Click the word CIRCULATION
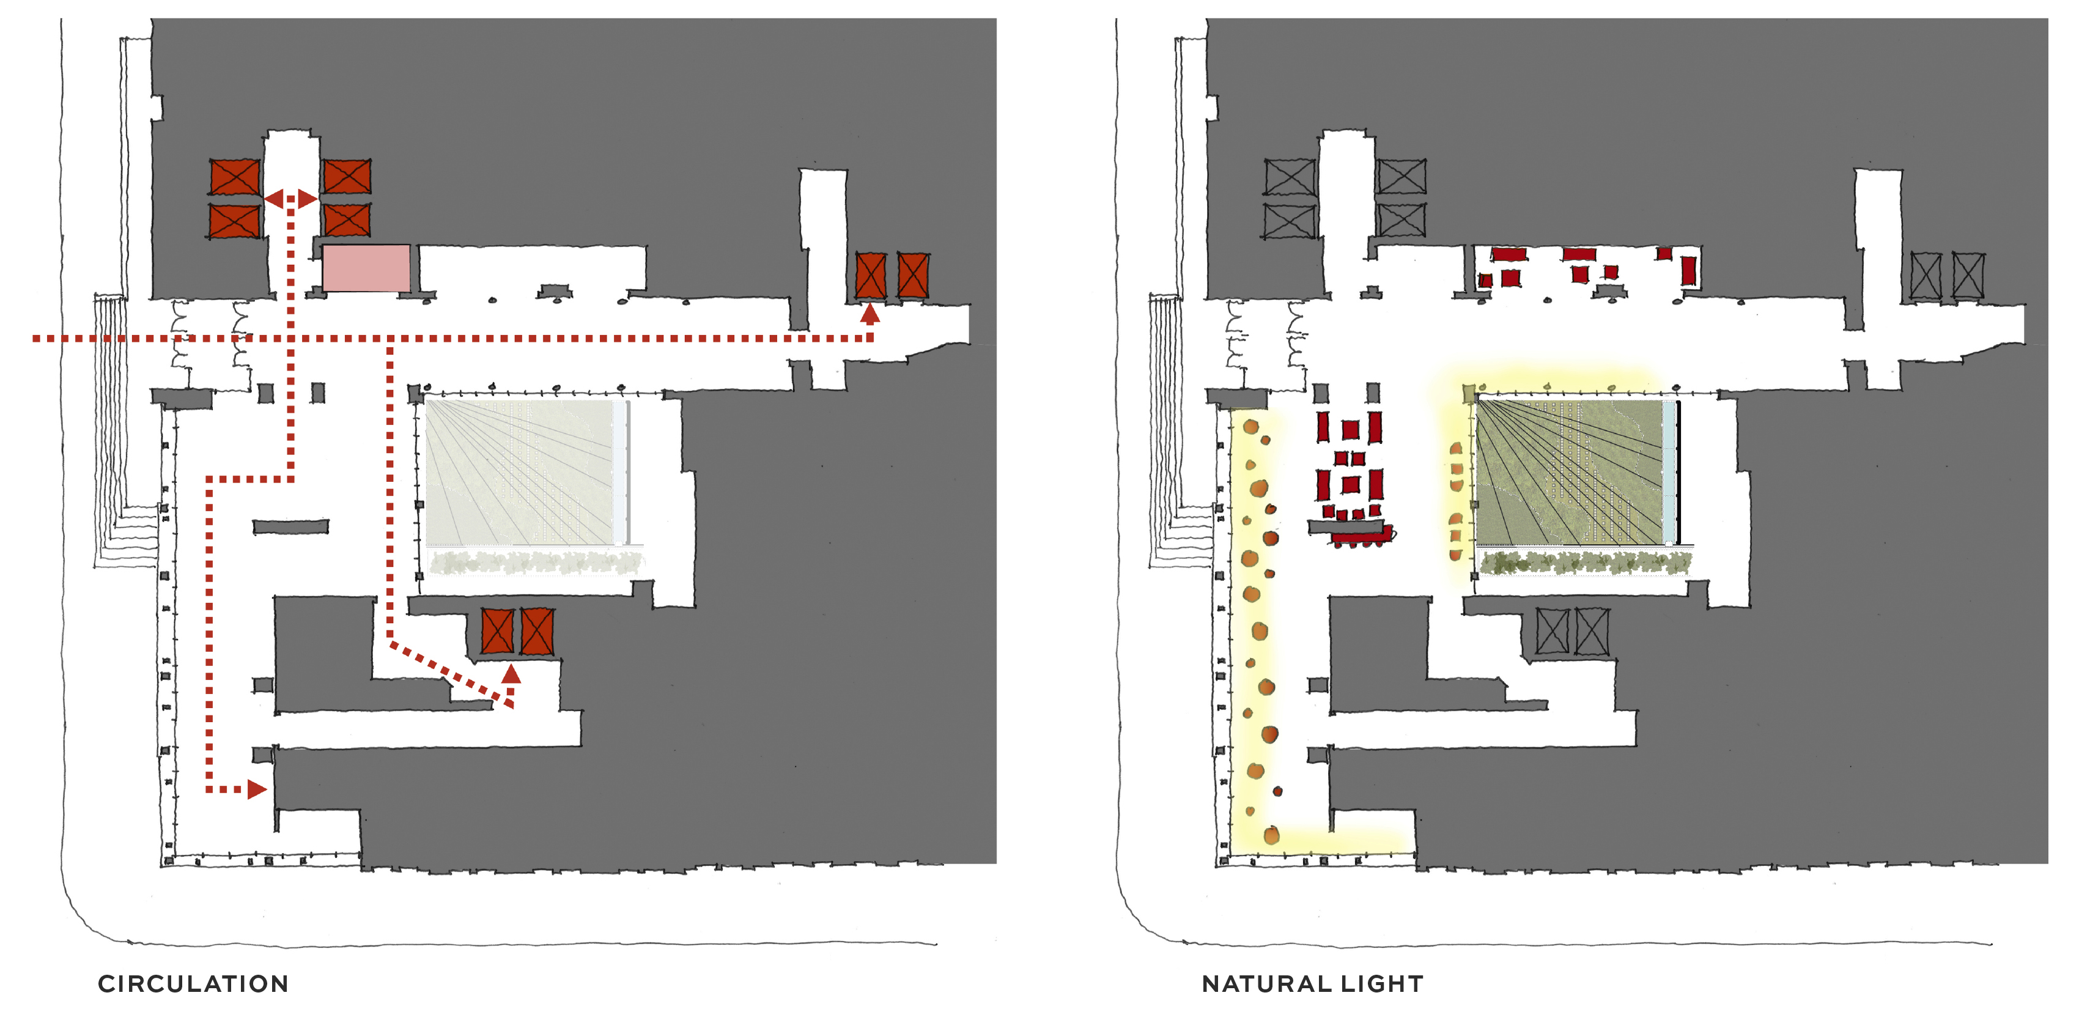pos(193,984)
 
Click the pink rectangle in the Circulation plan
pos(366,268)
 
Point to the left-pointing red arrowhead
pos(273,199)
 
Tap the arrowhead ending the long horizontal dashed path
pos(870,313)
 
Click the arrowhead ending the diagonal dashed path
pos(511,673)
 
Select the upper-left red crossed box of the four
pos(235,177)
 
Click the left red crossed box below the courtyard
pos(497,630)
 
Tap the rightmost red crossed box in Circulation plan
pos(913,275)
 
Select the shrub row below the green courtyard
pos(1585,563)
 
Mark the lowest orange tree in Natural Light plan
pos(1271,835)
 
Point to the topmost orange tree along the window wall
pos(1251,426)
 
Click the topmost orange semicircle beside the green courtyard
pos(1456,449)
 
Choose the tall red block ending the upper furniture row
pos(1688,270)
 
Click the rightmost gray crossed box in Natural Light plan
pos(1968,276)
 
